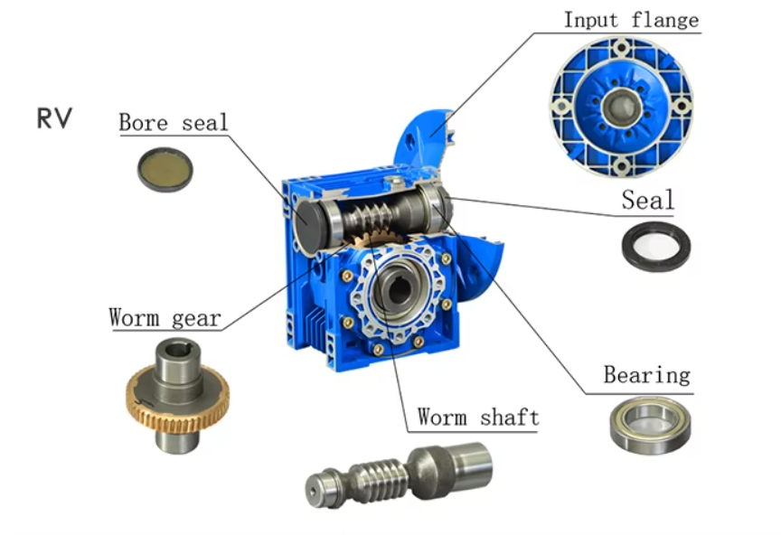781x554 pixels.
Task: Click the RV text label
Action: point(53,117)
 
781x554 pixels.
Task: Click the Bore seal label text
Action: point(174,123)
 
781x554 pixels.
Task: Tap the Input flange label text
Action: point(631,20)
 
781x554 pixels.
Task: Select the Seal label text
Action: point(647,200)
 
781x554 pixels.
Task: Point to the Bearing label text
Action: point(646,374)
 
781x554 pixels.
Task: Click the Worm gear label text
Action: point(165,318)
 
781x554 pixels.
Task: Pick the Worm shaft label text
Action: point(477,417)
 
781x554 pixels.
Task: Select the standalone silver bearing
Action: point(650,425)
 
